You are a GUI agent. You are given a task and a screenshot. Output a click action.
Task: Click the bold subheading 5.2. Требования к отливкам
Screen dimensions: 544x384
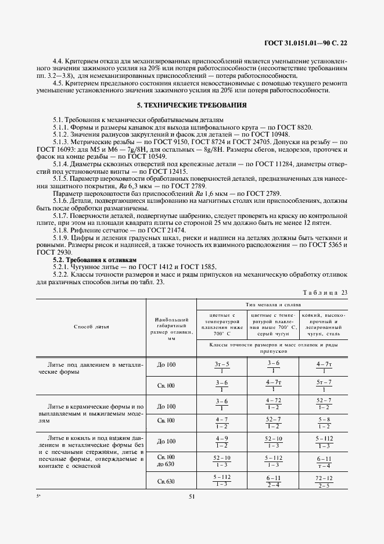[94, 261]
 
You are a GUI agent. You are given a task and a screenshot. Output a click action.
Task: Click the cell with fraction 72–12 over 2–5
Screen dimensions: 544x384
[323, 481]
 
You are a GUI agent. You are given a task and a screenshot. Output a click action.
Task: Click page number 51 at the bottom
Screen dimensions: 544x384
[192, 496]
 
